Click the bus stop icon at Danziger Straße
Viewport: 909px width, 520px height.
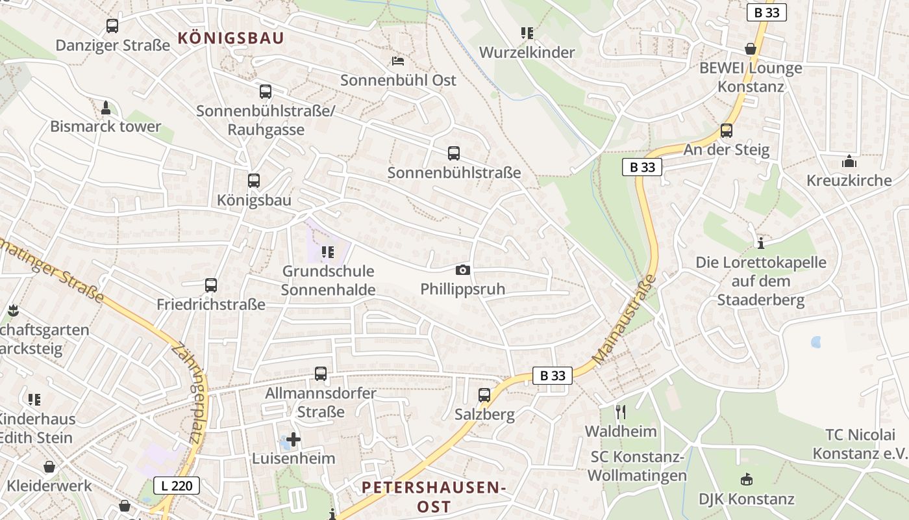(112, 26)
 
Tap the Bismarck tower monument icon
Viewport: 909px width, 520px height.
(106, 107)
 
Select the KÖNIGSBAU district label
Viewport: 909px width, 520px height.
(230, 38)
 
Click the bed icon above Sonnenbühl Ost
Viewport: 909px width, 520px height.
(398, 61)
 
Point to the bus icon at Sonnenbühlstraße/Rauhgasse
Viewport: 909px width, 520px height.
(265, 92)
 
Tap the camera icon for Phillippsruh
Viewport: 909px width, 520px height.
(462, 270)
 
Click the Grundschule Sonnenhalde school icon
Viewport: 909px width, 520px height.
(327, 252)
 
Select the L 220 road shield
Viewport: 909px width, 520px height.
(177, 485)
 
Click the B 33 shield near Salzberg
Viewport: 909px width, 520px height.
(553, 375)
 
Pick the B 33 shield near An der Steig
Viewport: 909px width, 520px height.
(641, 167)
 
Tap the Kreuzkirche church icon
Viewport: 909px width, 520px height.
(849, 161)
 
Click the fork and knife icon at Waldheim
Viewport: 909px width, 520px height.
(620, 411)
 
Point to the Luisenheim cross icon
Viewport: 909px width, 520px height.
(293, 439)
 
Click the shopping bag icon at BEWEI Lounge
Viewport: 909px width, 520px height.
(751, 49)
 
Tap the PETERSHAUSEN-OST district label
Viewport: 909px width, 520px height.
(433, 497)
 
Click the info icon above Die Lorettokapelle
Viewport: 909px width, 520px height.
(761, 243)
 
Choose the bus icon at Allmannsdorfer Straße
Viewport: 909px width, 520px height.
(320, 374)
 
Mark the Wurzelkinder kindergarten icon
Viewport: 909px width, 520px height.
(527, 32)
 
